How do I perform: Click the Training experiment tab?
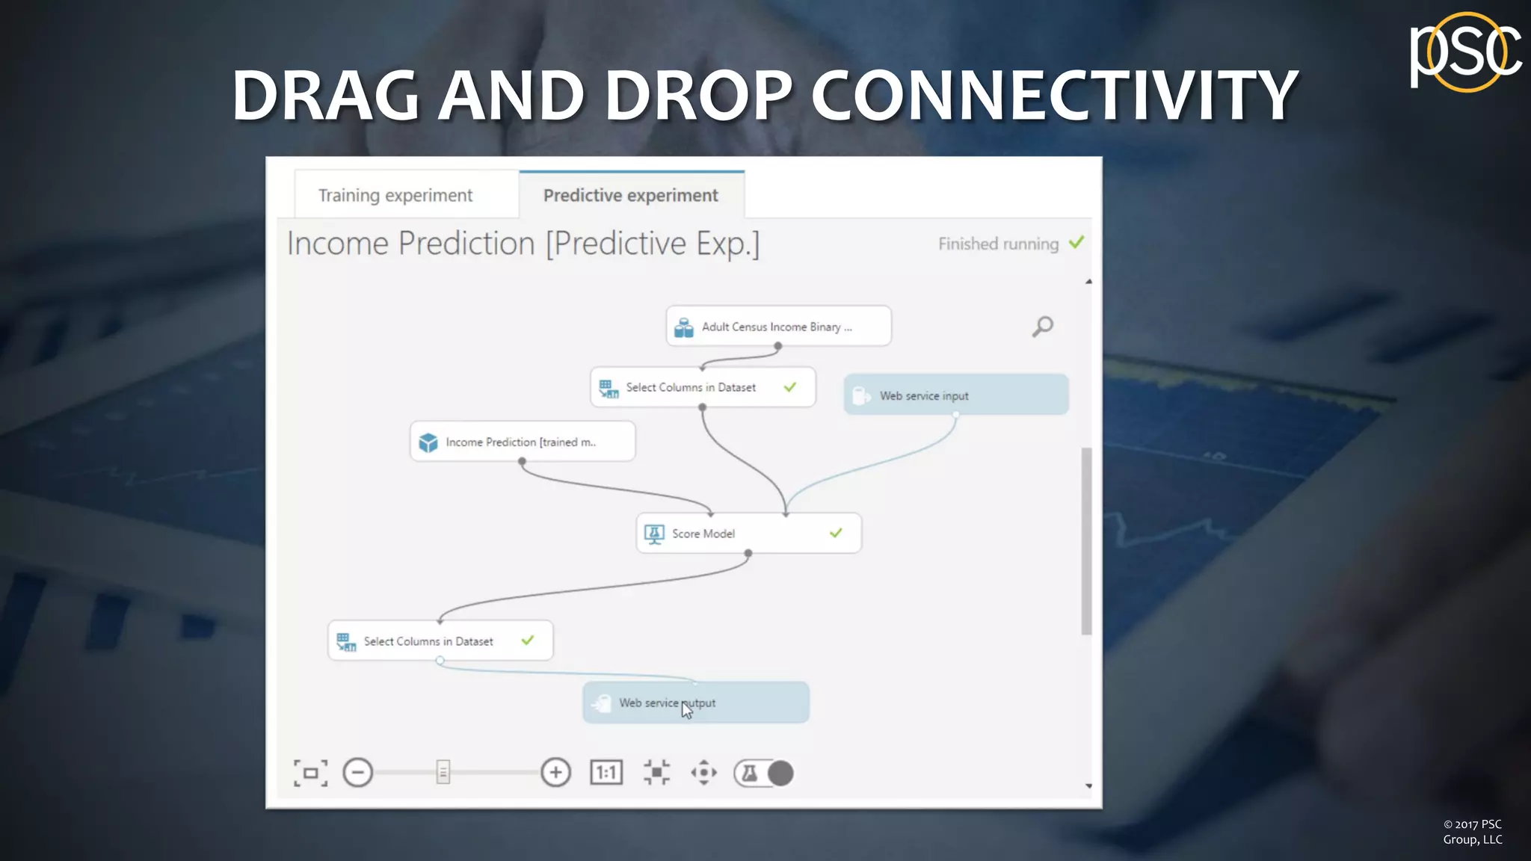(395, 195)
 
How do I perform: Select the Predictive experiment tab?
(630, 195)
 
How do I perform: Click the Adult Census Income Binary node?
(777, 327)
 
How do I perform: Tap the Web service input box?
(955, 395)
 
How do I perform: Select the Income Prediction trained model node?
(522, 442)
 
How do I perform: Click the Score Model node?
(748, 534)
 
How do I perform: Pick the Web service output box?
(695, 703)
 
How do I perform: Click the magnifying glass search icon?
(1043, 327)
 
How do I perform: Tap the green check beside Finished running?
(1076, 243)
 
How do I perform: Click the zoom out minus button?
(357, 773)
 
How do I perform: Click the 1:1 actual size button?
(606, 773)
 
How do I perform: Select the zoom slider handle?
(443, 773)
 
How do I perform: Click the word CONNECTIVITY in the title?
(1054, 96)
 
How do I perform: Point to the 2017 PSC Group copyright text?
(1472, 832)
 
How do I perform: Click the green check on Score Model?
(836, 533)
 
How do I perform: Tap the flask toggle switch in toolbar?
(763, 773)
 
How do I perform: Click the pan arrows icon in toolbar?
(703, 773)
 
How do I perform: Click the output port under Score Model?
(748, 554)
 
